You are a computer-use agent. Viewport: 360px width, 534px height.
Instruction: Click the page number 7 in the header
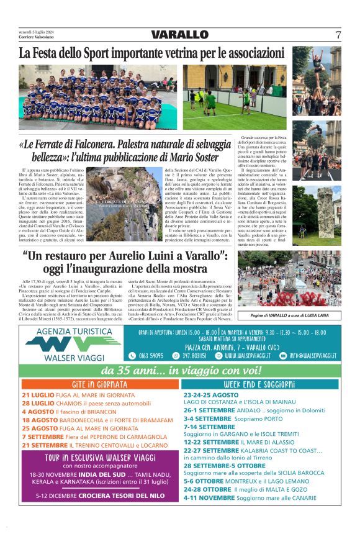(338, 35)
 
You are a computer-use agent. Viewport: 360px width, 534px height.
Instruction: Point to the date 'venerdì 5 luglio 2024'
(36, 31)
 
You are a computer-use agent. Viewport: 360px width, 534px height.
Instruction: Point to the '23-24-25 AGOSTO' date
(211, 395)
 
